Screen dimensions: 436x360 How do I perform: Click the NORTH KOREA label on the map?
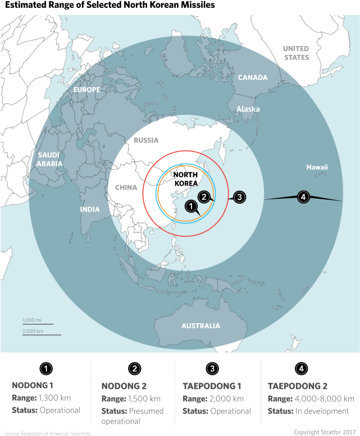pos(186,179)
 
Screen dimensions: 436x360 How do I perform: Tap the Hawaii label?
pos(317,167)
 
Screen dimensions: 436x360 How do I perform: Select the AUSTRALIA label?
pos(200,325)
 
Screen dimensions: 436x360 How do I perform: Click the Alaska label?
pos(248,109)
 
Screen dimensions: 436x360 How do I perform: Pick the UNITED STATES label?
pos(296,53)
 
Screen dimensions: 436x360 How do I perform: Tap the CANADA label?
pos(253,77)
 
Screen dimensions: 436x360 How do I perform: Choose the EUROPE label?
pos(86,90)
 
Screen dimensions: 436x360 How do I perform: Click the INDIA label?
pos(90,209)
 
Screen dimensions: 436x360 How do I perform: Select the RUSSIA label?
pos(146,140)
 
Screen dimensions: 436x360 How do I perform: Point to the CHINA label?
pos(126,187)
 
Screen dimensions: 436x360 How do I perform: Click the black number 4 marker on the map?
pos(303,197)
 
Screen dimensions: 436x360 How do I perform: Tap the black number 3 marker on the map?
pos(239,197)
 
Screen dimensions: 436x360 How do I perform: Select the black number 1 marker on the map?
pos(192,207)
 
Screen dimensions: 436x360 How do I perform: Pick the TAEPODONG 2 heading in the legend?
pos(298,386)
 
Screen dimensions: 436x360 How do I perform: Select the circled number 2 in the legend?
pos(134,369)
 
